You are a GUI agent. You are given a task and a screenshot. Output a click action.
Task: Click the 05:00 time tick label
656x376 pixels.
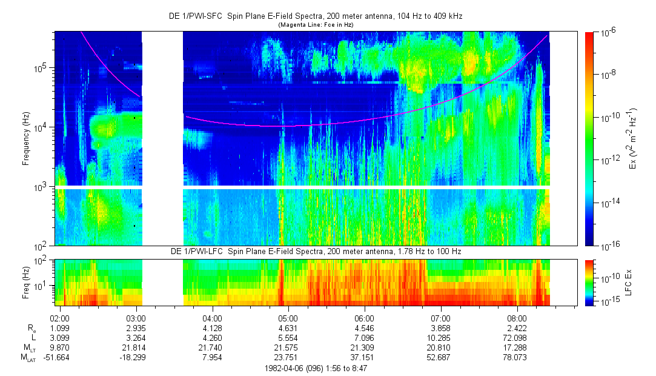pos(288,318)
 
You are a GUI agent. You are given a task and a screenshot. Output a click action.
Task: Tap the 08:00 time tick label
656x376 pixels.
pos(517,318)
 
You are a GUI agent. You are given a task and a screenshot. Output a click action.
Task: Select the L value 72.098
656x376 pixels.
pos(517,338)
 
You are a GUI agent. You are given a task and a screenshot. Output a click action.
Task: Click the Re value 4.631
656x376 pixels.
pos(288,328)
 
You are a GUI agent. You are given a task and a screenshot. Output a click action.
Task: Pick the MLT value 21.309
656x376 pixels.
pos(364,348)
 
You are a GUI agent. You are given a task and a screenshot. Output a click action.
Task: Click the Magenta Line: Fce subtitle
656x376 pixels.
pos(315,24)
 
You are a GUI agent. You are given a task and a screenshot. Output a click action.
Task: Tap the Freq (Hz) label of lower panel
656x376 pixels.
pos(27,282)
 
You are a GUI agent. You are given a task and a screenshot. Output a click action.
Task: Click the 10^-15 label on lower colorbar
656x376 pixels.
pos(608,301)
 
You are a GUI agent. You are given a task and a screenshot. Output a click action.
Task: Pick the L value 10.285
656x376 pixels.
pos(440,338)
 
